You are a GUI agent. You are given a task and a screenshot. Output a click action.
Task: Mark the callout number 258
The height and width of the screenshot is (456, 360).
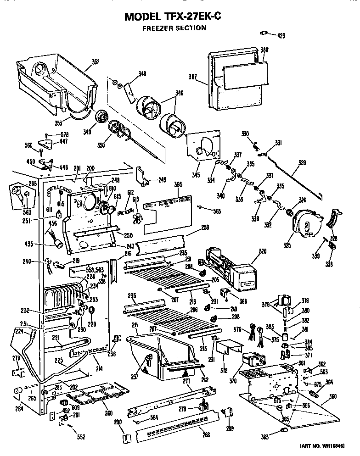(x=205, y=228)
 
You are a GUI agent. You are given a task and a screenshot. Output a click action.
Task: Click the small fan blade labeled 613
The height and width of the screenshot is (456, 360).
(x=137, y=215)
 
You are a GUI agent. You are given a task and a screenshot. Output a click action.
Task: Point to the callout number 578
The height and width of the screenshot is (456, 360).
(x=64, y=134)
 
